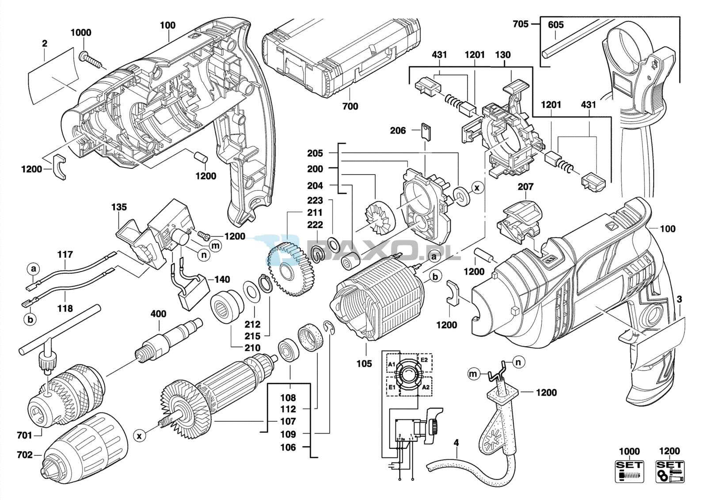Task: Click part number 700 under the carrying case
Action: [x=350, y=106]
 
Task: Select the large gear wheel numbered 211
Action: [x=292, y=272]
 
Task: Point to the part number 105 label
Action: [x=365, y=363]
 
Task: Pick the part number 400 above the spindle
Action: [x=158, y=314]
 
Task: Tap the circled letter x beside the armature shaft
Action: [x=140, y=436]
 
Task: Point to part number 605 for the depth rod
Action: [x=555, y=25]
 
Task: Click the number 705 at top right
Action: [x=521, y=24]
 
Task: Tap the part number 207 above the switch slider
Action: [x=525, y=187]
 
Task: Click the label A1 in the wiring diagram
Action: [x=392, y=364]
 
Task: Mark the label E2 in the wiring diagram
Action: [x=424, y=360]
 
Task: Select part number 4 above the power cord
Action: [x=456, y=442]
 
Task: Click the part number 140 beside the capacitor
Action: [x=222, y=279]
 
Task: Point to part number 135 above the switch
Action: [x=119, y=207]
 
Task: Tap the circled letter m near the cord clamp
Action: [x=473, y=374]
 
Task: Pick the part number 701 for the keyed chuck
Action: [x=25, y=435]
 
